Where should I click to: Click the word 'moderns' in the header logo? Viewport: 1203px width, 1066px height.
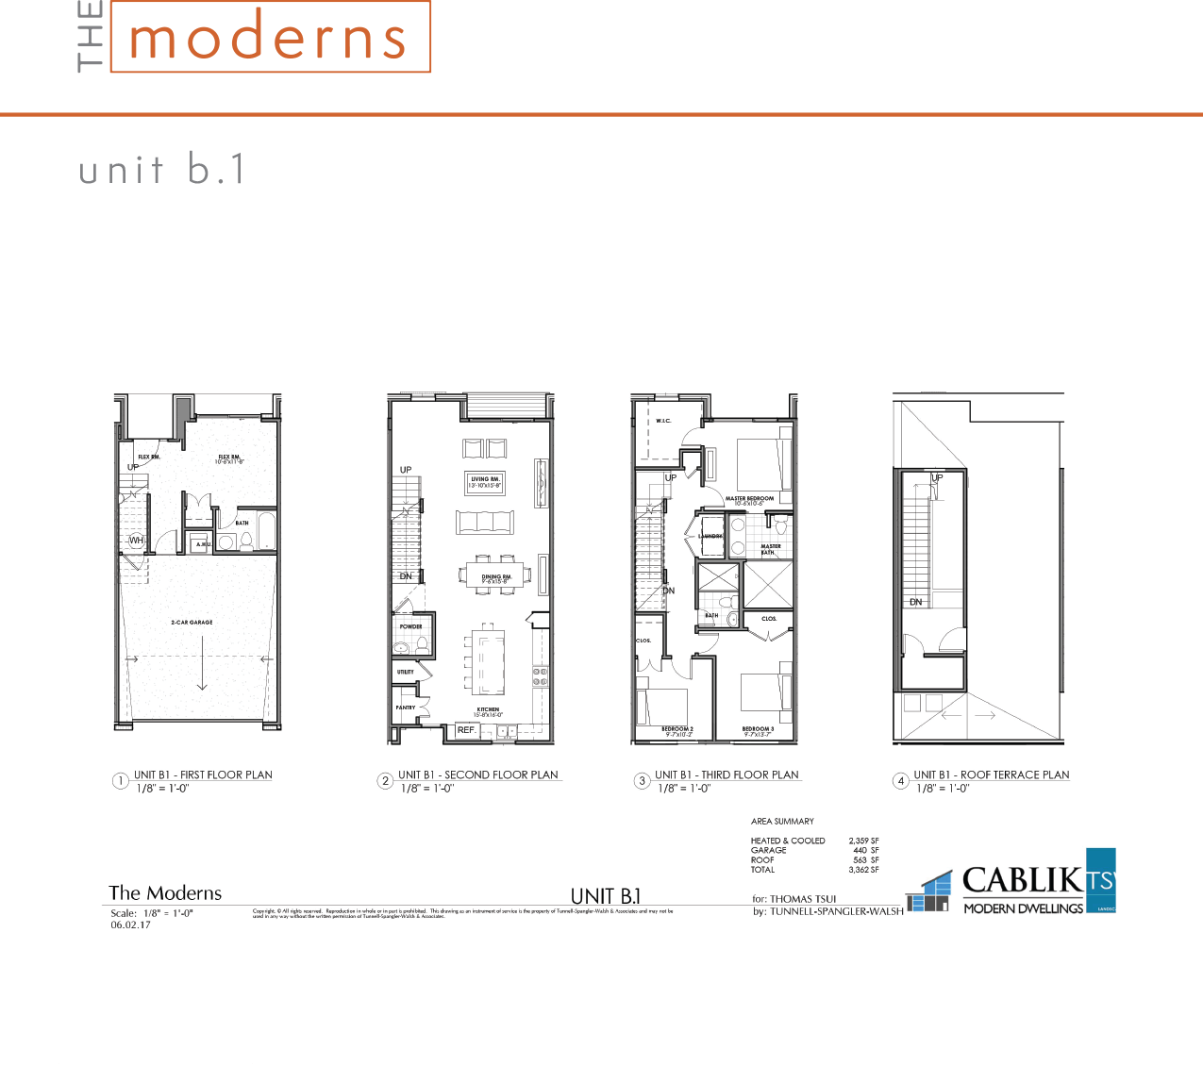tap(268, 40)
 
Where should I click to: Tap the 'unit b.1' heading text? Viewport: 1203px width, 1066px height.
tap(162, 171)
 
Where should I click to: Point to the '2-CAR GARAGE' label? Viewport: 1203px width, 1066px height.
tap(192, 623)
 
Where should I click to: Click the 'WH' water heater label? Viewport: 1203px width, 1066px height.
tap(137, 541)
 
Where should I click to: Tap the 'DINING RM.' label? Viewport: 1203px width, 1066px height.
tap(495, 578)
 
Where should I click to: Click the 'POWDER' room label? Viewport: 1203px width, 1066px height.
tap(410, 626)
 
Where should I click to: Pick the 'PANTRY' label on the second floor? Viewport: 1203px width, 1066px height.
tap(406, 708)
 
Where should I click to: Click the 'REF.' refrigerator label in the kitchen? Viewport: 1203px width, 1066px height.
tap(466, 730)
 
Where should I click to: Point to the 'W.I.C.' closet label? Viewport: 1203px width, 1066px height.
tap(663, 421)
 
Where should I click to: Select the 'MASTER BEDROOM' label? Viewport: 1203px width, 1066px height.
tap(749, 499)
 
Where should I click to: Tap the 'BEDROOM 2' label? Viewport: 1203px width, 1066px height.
tap(677, 729)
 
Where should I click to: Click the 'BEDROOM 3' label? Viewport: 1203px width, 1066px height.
tap(758, 729)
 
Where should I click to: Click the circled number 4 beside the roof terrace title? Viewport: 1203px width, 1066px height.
tap(901, 781)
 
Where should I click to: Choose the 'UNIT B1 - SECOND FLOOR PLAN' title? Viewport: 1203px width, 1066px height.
tap(478, 775)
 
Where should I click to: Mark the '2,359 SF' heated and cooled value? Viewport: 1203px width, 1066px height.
tap(863, 841)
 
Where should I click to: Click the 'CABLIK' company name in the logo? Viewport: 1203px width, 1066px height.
tap(1023, 881)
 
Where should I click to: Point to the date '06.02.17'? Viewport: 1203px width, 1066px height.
tap(130, 925)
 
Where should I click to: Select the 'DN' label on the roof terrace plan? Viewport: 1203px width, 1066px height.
tap(915, 602)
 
